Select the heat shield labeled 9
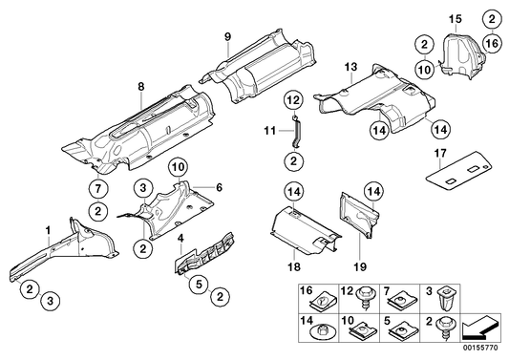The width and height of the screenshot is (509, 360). pyautogui.click(x=258, y=72)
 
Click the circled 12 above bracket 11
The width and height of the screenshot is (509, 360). pyautogui.click(x=294, y=99)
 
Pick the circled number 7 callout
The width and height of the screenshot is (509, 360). pyautogui.click(x=98, y=186)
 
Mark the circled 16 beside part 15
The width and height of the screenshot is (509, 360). pyautogui.click(x=491, y=43)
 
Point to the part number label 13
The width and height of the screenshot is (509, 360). pyautogui.click(x=350, y=66)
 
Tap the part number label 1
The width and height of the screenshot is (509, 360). pyautogui.click(x=47, y=229)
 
